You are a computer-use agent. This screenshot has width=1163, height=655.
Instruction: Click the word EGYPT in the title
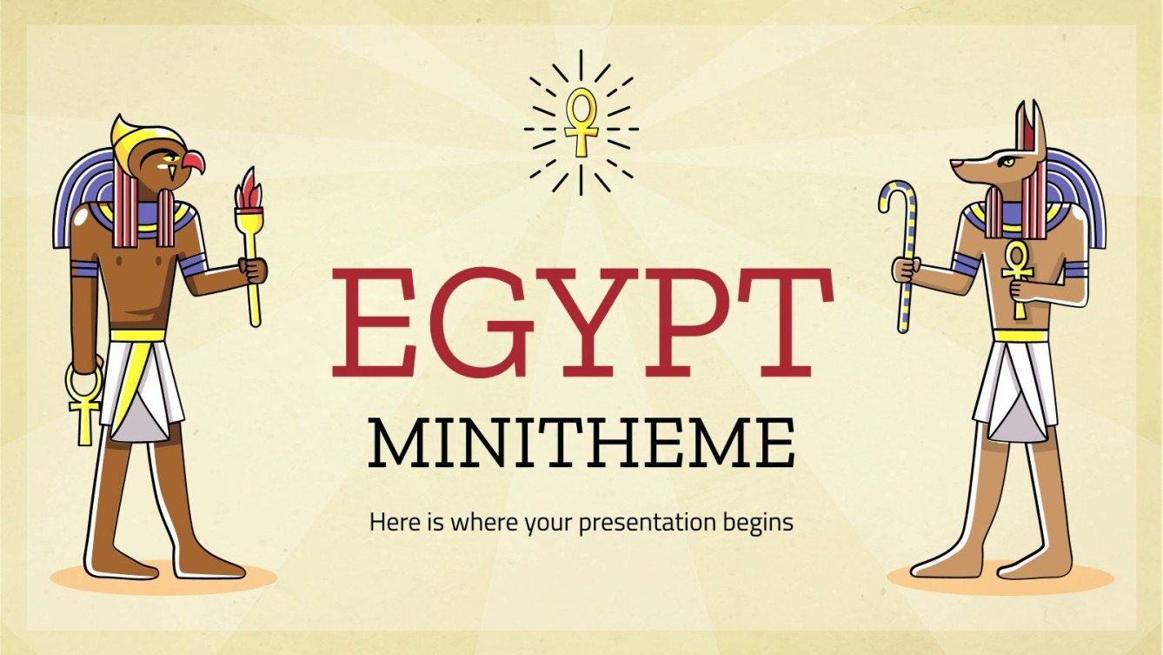[x=581, y=319]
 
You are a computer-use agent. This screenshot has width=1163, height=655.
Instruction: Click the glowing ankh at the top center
[x=581, y=121]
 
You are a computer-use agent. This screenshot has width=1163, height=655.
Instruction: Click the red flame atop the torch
[x=249, y=189]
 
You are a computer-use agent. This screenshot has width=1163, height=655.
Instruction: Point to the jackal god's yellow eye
[x=1007, y=161]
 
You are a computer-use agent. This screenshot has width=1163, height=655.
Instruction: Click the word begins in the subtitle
[x=761, y=523]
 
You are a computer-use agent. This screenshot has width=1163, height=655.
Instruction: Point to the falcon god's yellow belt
[x=137, y=335]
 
